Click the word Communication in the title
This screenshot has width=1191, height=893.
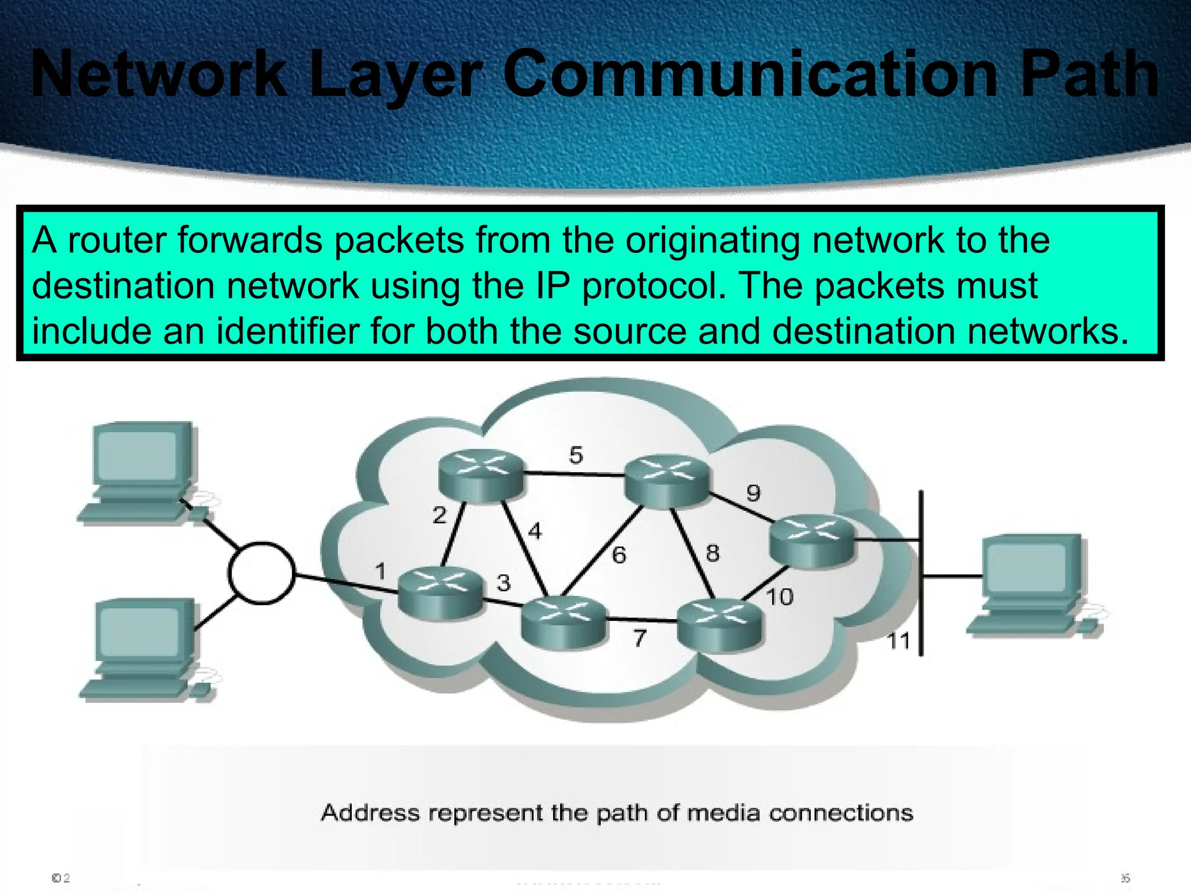(x=750, y=74)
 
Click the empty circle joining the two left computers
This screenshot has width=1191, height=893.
(x=262, y=573)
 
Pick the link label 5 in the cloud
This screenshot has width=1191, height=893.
(x=576, y=455)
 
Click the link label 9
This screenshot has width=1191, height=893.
(x=753, y=493)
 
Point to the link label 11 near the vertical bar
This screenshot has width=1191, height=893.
(x=898, y=641)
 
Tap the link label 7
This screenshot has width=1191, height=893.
(x=640, y=638)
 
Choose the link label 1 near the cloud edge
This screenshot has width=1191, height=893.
(x=380, y=571)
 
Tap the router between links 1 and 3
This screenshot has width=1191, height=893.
(x=440, y=592)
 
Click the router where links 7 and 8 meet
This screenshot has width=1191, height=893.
(x=719, y=625)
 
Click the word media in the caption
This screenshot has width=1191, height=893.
(x=723, y=812)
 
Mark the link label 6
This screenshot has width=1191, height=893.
(x=619, y=555)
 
